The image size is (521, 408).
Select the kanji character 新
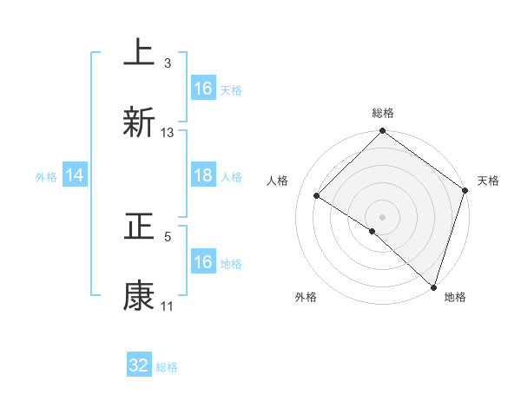click(x=139, y=122)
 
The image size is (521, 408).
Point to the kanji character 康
click(x=139, y=296)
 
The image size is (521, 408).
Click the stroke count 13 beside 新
click(x=168, y=132)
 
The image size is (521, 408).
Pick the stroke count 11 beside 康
click(x=168, y=306)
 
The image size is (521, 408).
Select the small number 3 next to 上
click(x=168, y=63)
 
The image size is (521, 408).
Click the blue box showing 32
click(x=139, y=365)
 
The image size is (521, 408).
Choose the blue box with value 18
click(x=203, y=175)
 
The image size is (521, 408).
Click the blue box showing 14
click(x=75, y=175)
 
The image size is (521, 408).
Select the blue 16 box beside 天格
click(x=203, y=89)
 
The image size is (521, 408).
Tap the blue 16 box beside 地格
click(x=203, y=262)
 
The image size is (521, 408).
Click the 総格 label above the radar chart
click(x=382, y=113)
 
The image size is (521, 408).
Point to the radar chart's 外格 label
click(x=305, y=297)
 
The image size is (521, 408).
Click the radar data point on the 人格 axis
click(x=317, y=196)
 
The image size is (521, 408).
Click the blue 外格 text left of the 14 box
click(x=45, y=176)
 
